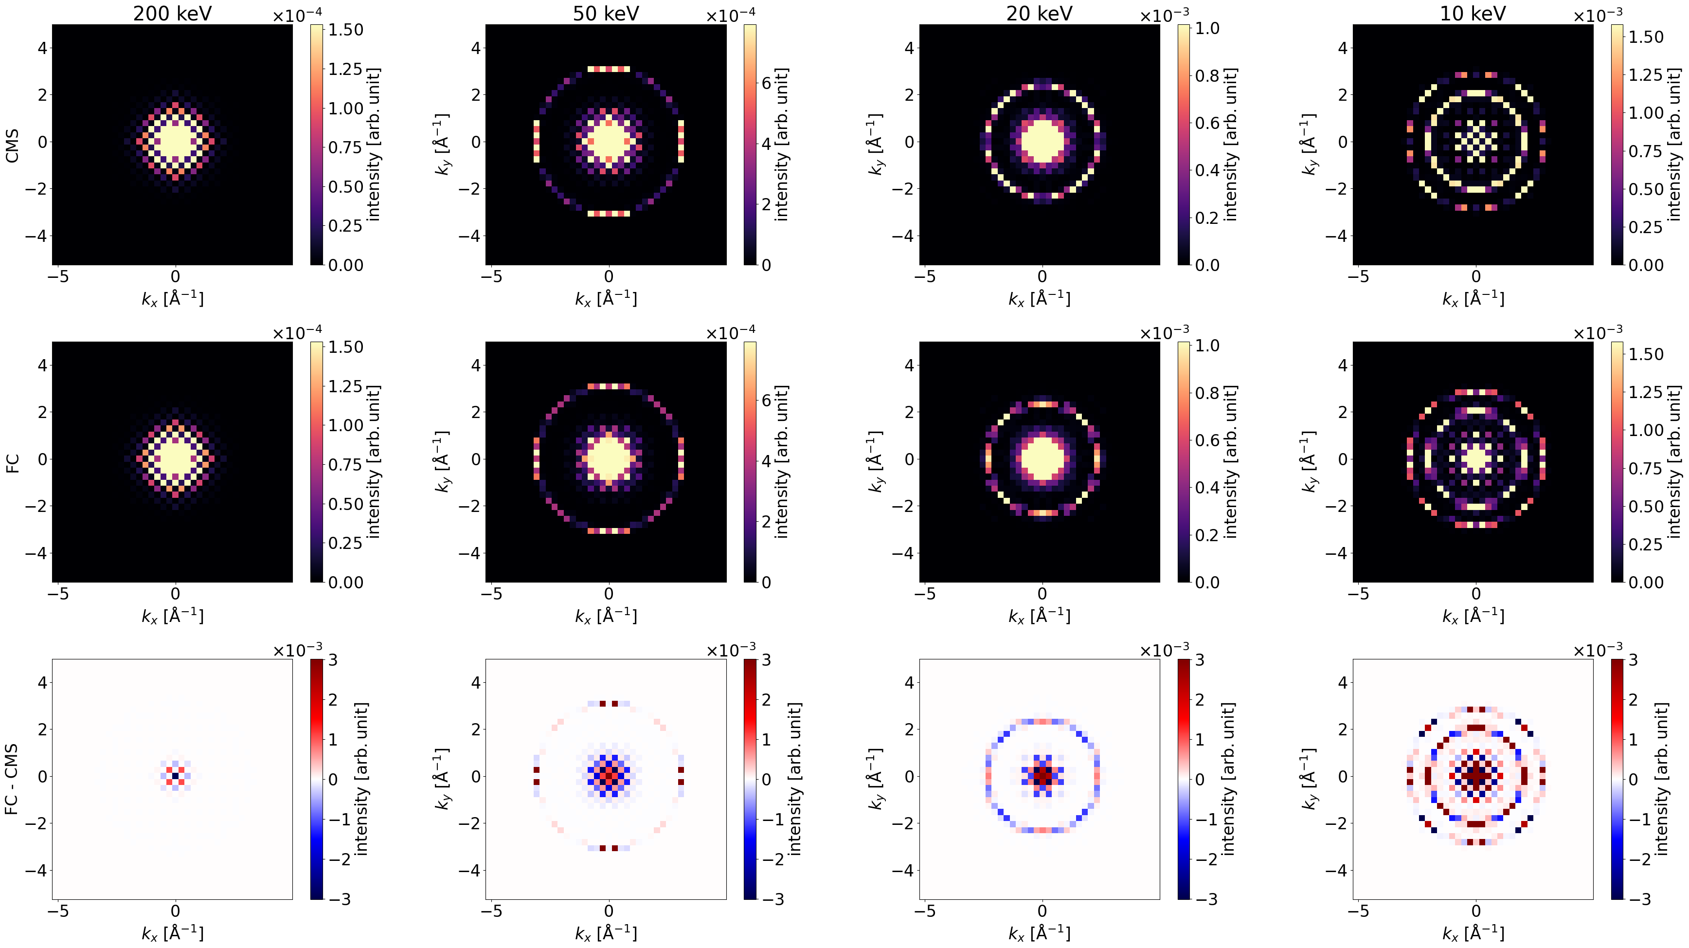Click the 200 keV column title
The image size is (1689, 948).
(x=172, y=13)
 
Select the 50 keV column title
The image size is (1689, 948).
(x=606, y=13)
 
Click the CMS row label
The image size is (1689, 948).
(x=12, y=145)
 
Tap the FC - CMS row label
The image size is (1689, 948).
(x=12, y=780)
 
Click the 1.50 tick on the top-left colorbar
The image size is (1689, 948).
(x=345, y=30)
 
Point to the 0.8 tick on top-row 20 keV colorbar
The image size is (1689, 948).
(x=1207, y=76)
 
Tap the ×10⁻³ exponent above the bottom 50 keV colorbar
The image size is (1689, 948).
(x=730, y=650)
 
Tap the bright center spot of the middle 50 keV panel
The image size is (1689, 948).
(x=609, y=458)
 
